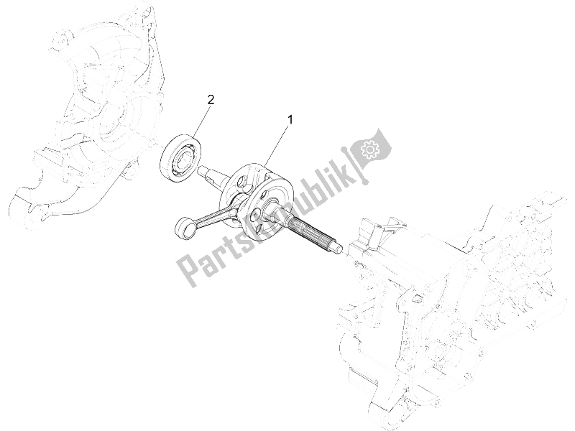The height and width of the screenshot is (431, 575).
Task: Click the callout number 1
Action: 290,119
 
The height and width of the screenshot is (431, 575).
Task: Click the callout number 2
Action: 211,100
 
